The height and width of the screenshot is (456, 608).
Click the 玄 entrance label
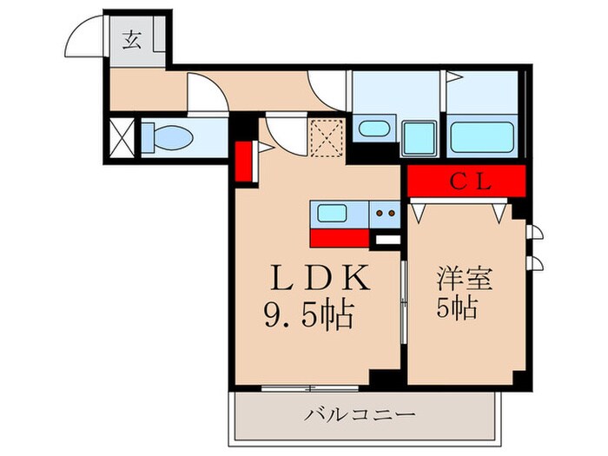coord(130,40)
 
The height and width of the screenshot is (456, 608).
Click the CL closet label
coord(470,183)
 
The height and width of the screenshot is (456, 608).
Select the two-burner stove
coord(385,213)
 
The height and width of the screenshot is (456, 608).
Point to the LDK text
coord(321,280)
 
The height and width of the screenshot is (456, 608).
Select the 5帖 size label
coord(456,307)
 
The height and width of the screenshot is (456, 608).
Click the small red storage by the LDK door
coord(244,158)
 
